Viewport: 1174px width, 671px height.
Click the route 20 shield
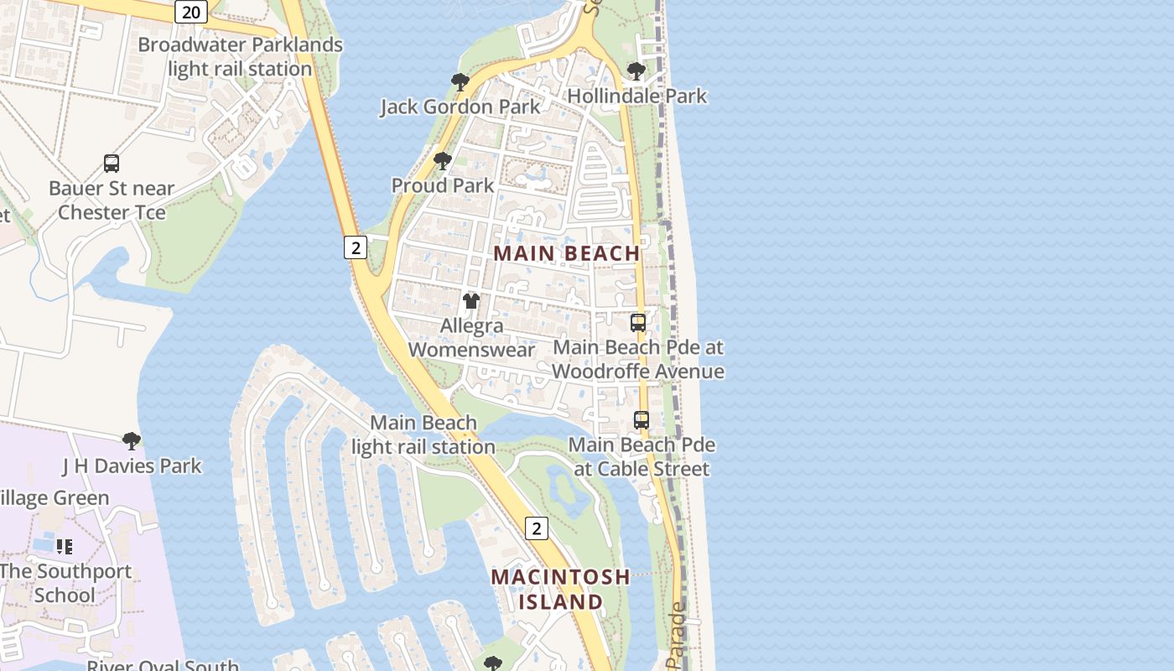191,12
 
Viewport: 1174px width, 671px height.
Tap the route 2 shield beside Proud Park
356,247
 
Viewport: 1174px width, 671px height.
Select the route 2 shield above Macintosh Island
536,528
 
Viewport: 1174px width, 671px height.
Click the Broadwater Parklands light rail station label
240,57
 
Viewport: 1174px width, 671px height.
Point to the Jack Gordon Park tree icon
460,81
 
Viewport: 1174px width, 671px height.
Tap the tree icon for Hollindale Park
636,71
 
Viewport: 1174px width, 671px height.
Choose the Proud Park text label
443,185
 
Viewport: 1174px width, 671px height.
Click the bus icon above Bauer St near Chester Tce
112,164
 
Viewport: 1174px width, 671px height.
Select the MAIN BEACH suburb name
567,252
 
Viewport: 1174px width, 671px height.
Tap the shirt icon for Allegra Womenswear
471,300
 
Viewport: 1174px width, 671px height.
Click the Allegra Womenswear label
471,337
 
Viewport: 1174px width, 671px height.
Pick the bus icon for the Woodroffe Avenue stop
638,322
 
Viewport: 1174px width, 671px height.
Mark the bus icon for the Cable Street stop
642,420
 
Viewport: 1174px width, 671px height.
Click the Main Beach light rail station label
423,434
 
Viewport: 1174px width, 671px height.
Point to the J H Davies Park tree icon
131,440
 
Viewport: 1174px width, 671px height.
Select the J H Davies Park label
132,466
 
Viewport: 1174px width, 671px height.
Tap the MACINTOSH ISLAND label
560,589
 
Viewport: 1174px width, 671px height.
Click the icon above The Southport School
65,547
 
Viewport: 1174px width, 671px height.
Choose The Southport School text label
65,583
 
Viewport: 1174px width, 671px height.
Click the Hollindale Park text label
637,96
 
